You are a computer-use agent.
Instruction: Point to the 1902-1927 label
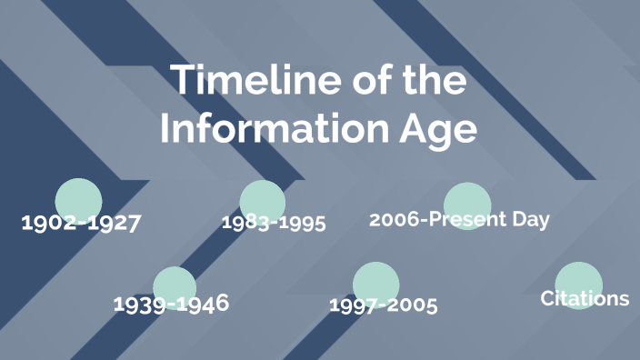81,223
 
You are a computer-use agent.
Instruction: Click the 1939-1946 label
171,303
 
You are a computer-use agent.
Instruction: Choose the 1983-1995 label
274,223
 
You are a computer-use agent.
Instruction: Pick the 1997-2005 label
383,305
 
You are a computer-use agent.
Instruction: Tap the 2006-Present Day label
459,219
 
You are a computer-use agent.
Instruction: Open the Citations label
585,298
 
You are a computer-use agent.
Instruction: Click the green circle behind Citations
579,280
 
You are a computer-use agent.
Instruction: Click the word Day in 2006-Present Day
532,219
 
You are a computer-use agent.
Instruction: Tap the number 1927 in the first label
114,223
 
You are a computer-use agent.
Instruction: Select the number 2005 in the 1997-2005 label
412,305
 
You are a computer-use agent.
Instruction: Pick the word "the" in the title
432,80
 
